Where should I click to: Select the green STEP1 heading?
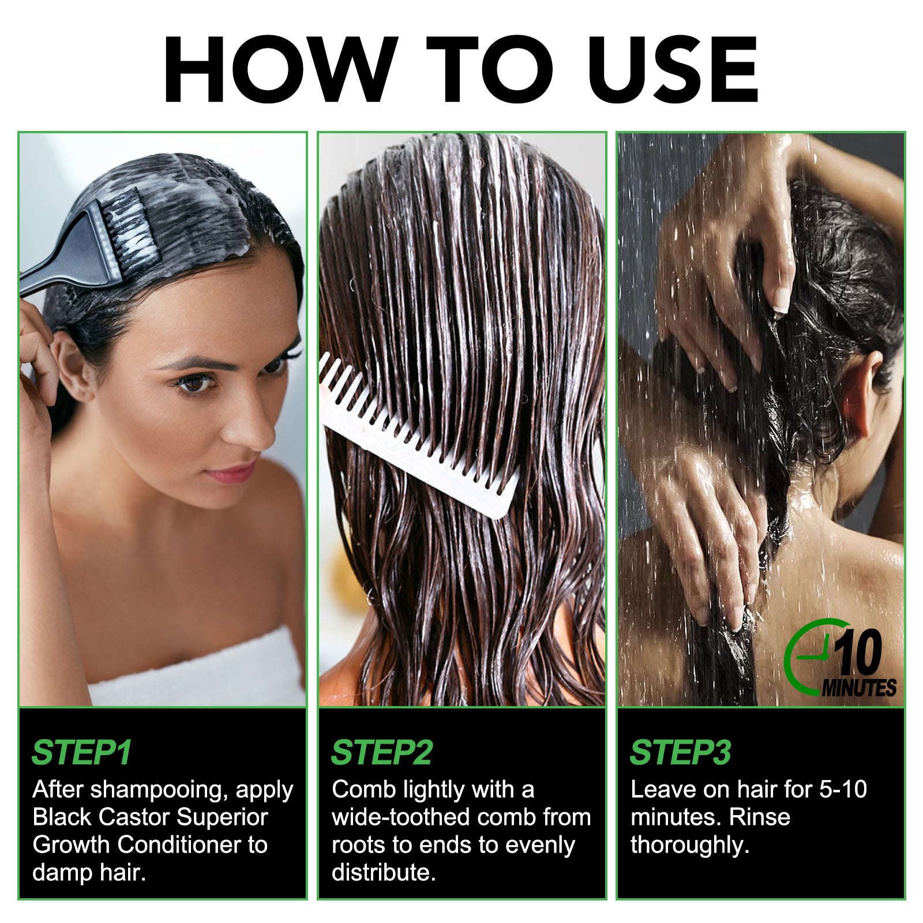tap(82, 752)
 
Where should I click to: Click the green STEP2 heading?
tap(382, 752)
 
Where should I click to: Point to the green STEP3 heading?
tap(681, 752)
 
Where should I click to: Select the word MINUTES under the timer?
tap(859, 688)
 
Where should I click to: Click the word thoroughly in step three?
tap(690, 845)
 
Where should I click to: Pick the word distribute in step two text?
tap(384, 872)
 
